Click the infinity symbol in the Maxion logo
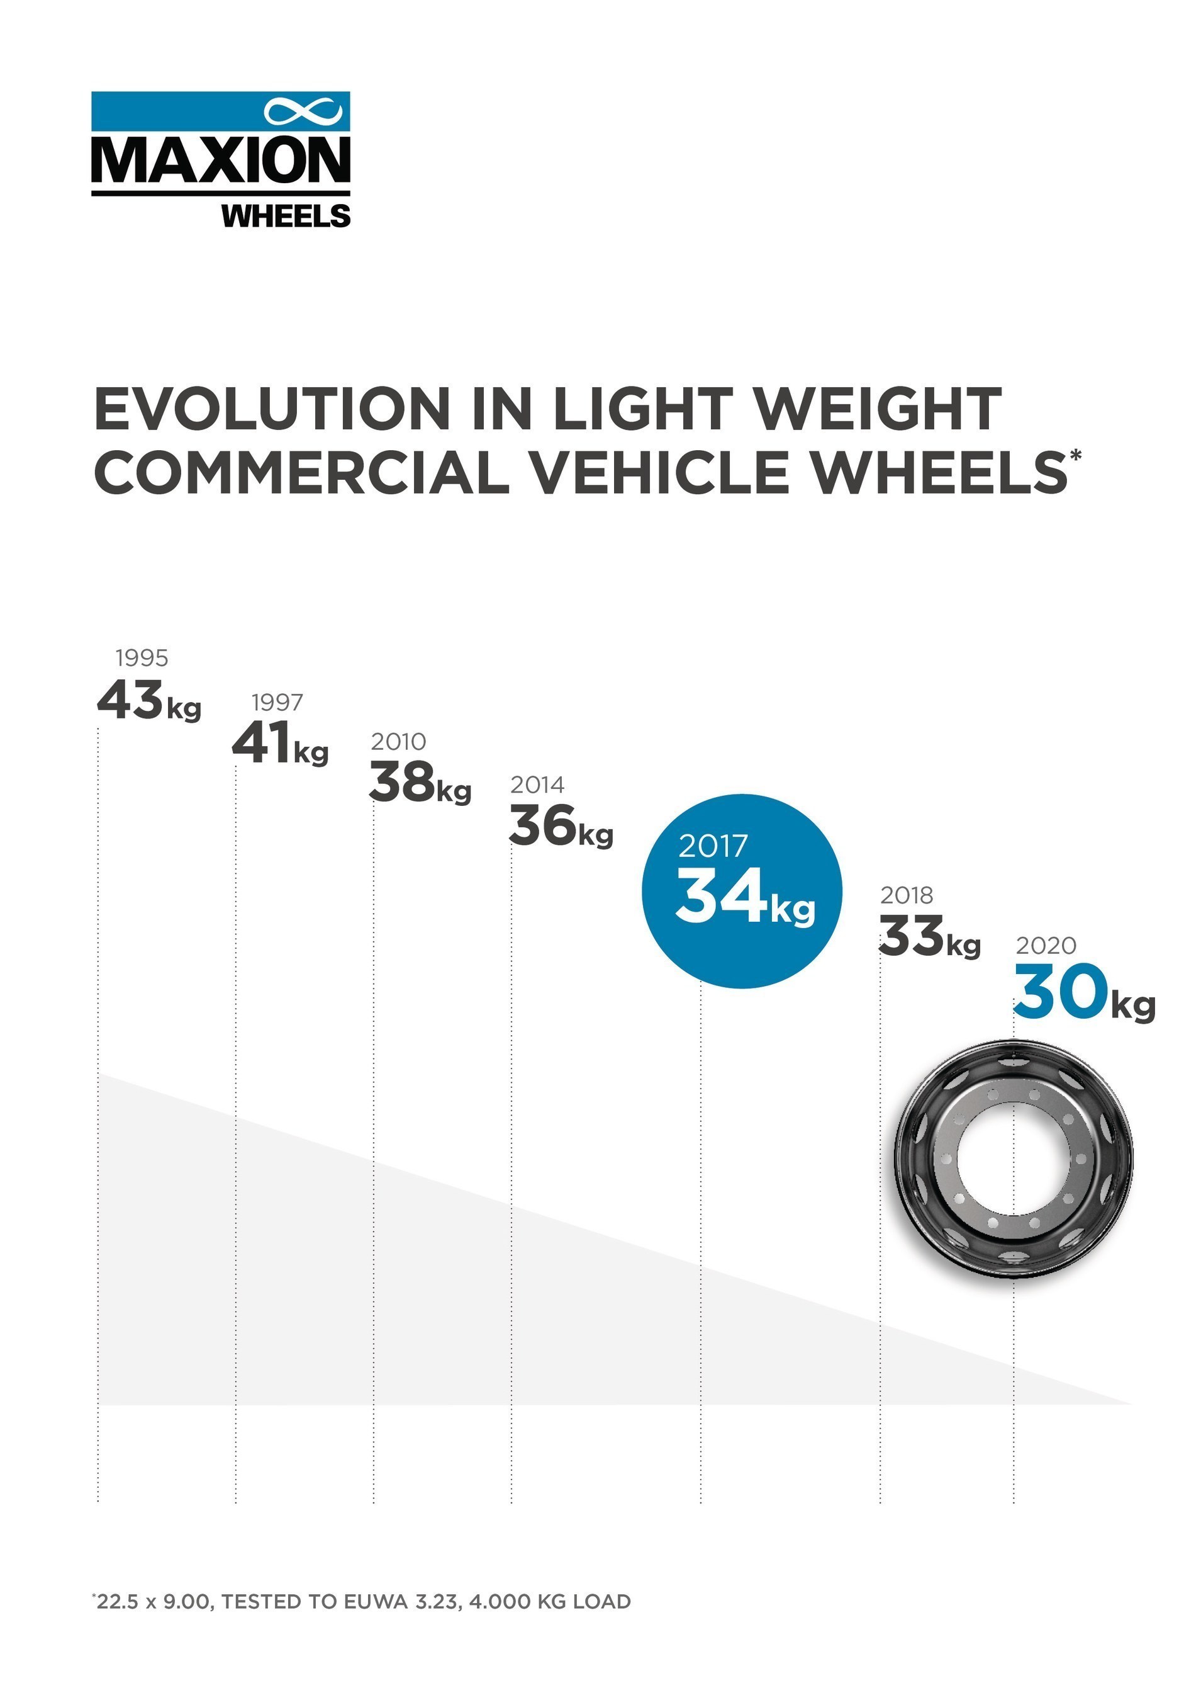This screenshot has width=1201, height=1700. point(303,112)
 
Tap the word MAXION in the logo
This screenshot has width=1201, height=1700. point(221,160)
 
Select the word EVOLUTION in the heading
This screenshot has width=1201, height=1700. point(272,409)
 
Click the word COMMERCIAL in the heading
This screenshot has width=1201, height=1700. point(302,473)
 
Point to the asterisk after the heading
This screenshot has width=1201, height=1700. point(1075,455)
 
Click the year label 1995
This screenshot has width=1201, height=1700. point(142,657)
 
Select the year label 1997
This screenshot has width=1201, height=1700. point(277,701)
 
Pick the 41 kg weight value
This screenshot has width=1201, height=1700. point(280,744)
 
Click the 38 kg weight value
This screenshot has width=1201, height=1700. point(420,783)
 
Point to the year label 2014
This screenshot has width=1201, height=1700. point(537,784)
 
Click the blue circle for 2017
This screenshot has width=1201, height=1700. point(742,891)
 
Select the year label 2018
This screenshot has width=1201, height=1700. point(907,895)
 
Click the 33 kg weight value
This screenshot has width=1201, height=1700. point(929,938)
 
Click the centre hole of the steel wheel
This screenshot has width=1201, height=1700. point(1012,1159)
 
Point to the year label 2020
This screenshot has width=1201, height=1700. point(1046,946)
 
